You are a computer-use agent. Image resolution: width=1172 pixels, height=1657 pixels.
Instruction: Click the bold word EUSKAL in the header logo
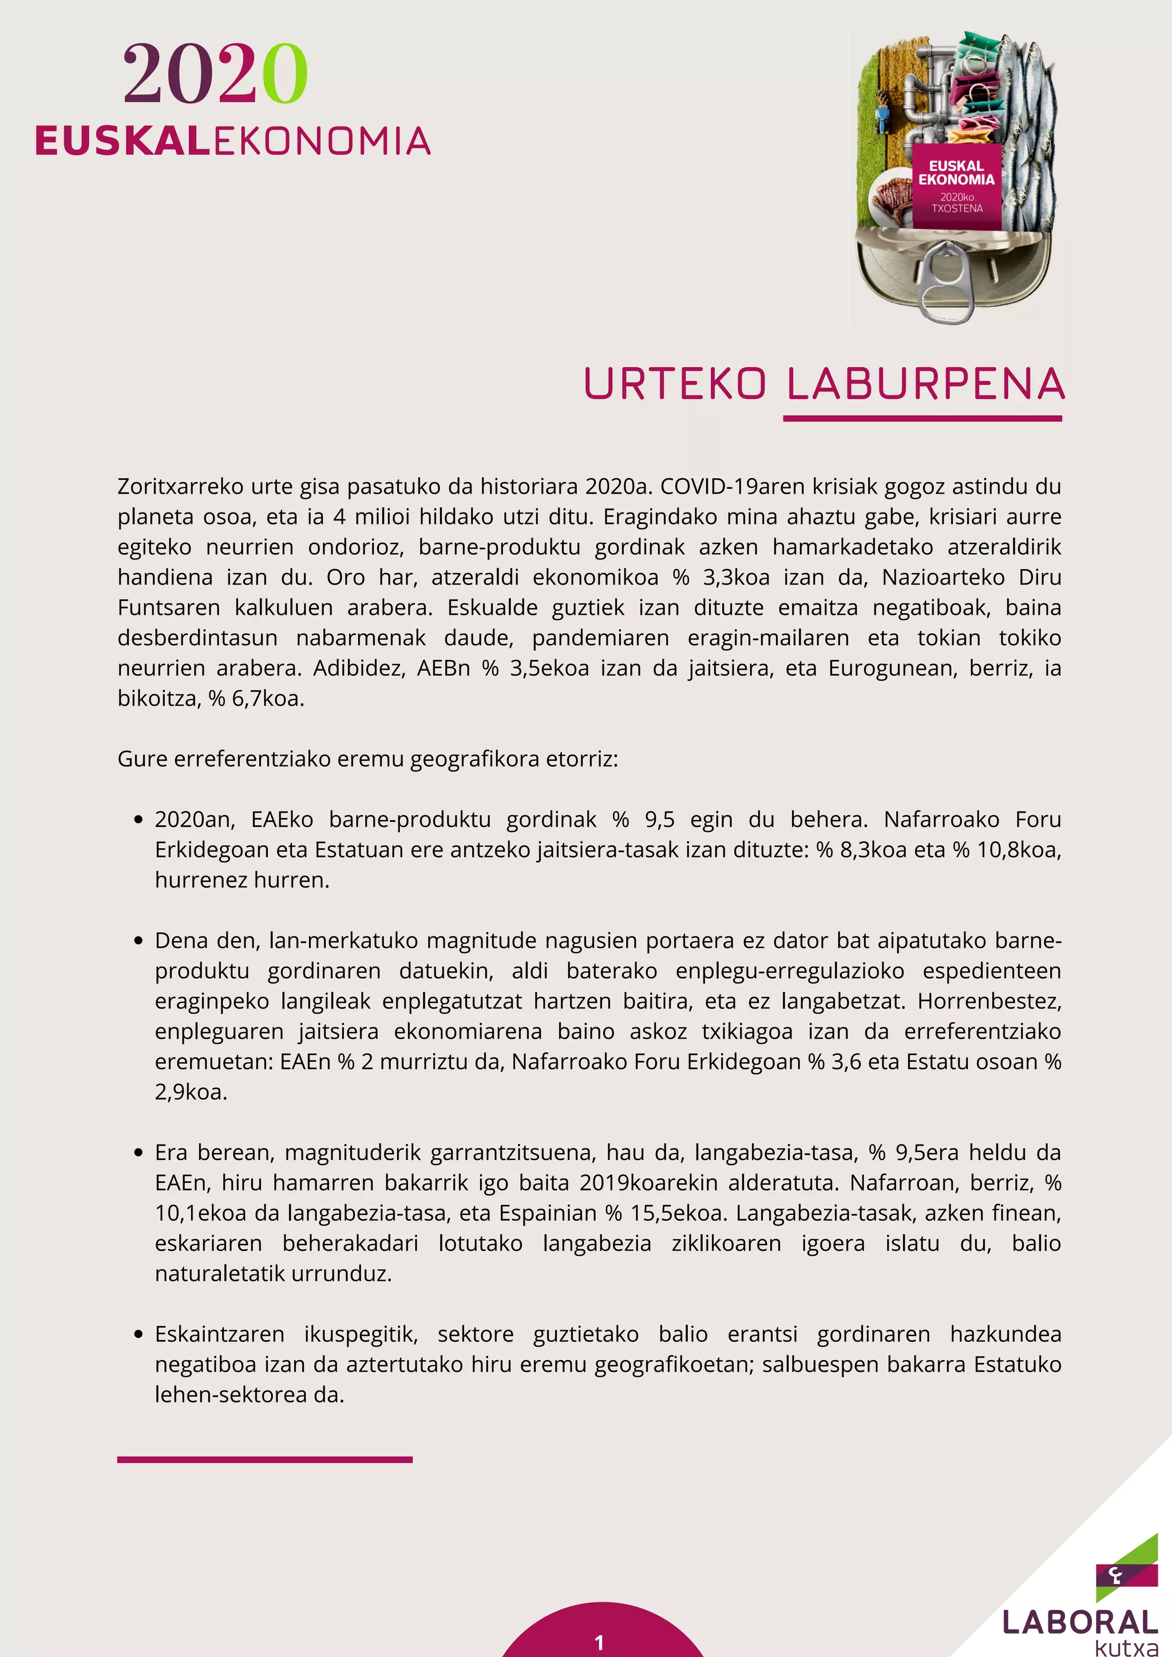click(122, 141)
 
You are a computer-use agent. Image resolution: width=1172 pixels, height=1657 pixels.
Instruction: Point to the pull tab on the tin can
click(947, 277)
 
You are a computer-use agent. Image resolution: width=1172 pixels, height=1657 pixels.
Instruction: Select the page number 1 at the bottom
click(599, 1643)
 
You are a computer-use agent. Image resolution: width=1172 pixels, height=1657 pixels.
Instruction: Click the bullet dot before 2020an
click(138, 821)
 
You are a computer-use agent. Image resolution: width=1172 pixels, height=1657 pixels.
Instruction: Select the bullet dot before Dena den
click(138, 942)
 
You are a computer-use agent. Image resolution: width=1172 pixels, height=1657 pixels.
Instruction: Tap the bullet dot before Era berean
click(138, 1153)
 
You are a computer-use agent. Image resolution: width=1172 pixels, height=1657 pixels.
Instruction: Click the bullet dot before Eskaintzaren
click(138, 1335)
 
